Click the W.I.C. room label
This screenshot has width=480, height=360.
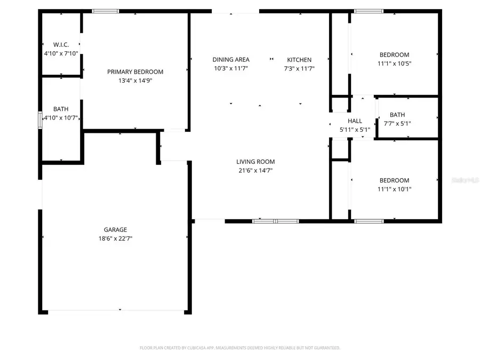point(61,44)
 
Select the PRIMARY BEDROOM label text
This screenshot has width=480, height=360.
point(135,72)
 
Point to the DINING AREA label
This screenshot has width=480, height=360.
point(231,60)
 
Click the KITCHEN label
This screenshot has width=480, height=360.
point(299,60)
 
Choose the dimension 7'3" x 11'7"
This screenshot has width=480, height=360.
point(299,68)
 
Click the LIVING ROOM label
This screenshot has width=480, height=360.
point(255,162)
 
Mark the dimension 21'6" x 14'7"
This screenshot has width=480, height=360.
point(255,171)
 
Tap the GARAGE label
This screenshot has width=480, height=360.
point(115,230)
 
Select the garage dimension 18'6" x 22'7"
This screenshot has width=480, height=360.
point(115,239)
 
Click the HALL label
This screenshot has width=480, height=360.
point(355,121)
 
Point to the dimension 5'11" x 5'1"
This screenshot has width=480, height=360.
point(355,130)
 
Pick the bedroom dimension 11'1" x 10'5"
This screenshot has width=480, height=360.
point(394,63)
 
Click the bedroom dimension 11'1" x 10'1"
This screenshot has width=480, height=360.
point(394,189)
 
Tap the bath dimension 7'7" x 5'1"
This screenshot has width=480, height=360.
point(397,124)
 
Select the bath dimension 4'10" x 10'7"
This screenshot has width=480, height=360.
point(61,118)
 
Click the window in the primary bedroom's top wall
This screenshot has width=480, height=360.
point(105,11)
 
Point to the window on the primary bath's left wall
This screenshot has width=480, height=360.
point(40,119)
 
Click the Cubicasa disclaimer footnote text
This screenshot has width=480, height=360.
point(240,348)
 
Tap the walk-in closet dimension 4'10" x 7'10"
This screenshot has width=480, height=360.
point(61,53)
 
